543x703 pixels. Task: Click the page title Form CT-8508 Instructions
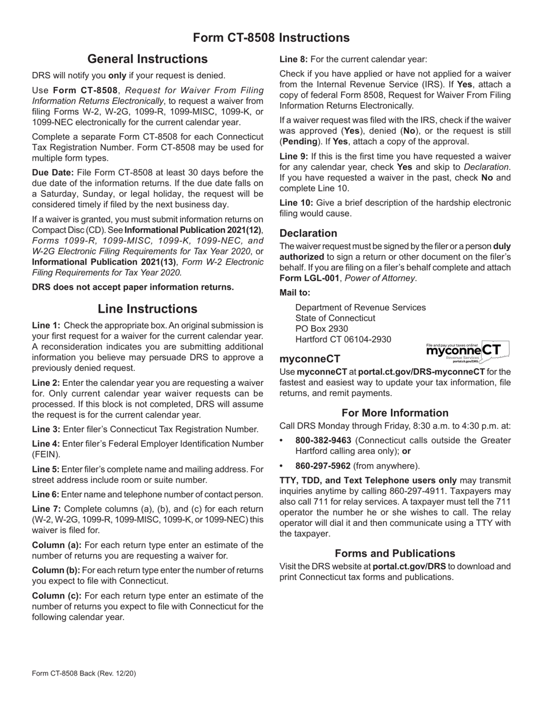coord(271,38)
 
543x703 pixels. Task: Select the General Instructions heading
coord(147,59)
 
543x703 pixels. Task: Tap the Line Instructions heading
coord(147,309)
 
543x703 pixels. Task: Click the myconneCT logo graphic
coord(467,352)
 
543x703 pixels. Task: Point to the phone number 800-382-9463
coord(324,441)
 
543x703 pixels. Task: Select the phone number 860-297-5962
coord(324,466)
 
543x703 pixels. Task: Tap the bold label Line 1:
coord(46,325)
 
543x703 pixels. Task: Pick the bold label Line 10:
coord(296,203)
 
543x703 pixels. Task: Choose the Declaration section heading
coord(308,233)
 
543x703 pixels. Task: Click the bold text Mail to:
coord(295,293)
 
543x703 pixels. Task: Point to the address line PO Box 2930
coord(322,329)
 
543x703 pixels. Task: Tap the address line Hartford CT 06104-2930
coord(343,339)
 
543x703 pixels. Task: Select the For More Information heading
coord(395,413)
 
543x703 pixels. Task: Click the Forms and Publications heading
coord(395,553)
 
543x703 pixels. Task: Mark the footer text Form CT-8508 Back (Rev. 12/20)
coord(84,673)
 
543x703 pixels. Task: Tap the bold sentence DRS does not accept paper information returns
coord(133,287)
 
